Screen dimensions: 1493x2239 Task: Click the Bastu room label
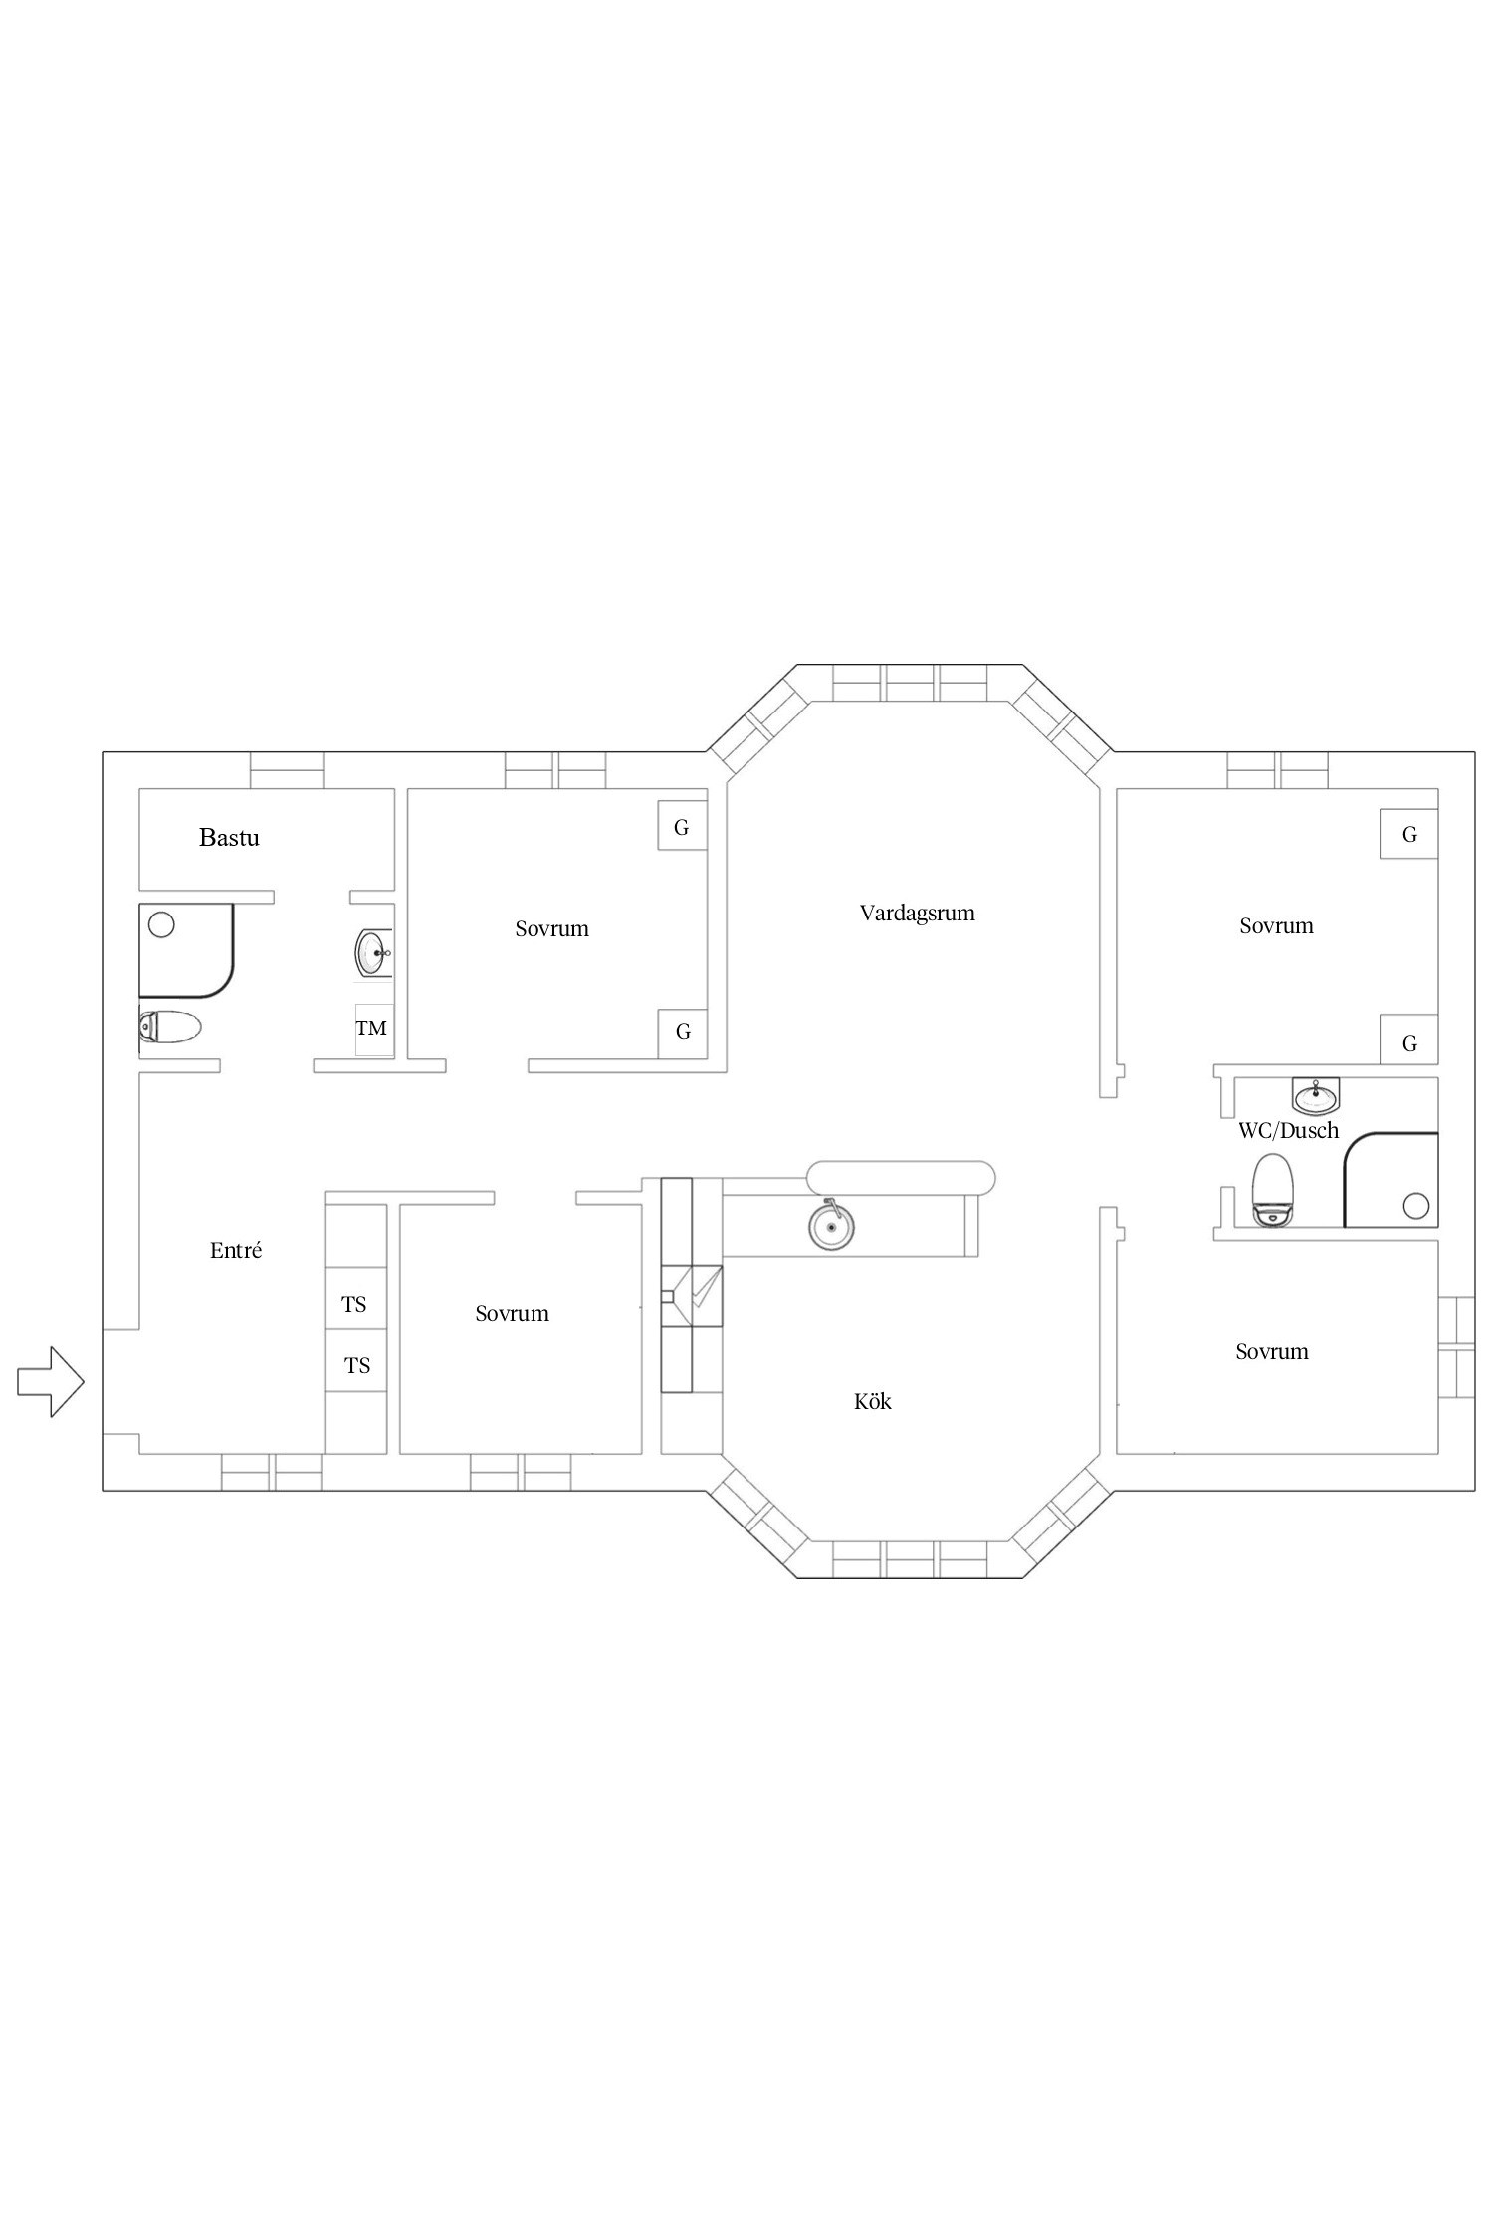click(x=229, y=837)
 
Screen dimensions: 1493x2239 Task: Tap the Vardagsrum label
click(x=917, y=913)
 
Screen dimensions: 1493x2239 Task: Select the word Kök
click(x=872, y=1401)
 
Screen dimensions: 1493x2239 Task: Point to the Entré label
click(x=236, y=1250)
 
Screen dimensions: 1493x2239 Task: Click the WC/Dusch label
click(x=1288, y=1130)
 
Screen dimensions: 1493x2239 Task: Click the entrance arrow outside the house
click(x=51, y=1381)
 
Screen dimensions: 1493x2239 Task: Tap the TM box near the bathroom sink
click(x=374, y=1029)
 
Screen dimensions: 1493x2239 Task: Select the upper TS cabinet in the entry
click(x=356, y=1304)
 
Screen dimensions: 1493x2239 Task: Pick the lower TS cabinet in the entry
click(x=356, y=1365)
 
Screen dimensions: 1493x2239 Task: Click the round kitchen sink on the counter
click(x=830, y=1225)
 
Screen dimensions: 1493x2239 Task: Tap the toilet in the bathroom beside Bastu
click(x=170, y=1026)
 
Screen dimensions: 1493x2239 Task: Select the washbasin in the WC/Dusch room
click(x=1316, y=1095)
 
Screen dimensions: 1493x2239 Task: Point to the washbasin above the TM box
click(x=374, y=953)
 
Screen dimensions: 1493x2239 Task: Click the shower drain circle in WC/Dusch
click(x=1415, y=1206)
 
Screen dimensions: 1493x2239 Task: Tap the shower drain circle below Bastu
click(x=161, y=924)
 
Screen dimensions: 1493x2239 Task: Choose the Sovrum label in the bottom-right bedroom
click(x=1272, y=1351)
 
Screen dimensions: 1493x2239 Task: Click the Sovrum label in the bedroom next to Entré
click(x=512, y=1313)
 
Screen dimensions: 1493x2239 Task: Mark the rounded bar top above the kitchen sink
click(x=901, y=1177)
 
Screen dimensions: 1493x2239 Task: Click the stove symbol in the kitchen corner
click(x=692, y=1296)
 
